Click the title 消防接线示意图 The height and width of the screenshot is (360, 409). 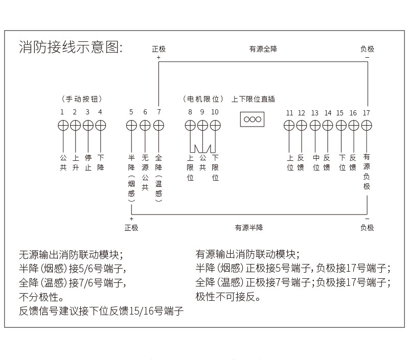tap(71, 48)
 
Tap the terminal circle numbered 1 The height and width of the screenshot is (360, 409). tap(62, 125)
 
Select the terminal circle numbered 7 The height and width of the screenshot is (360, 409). tap(158, 125)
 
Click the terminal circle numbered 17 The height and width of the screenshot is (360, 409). tap(367, 125)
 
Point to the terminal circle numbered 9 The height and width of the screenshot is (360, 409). tap(202, 125)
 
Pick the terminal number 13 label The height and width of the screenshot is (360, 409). tap(314, 113)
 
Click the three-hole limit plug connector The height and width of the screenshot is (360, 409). tap(252, 119)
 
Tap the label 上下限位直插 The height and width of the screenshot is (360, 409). tap(253, 99)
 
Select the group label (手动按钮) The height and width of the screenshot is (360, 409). tap(81, 99)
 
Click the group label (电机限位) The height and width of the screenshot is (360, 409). tap(203, 99)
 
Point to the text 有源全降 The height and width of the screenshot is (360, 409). tap(263, 49)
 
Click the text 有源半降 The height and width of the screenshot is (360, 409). tap(249, 228)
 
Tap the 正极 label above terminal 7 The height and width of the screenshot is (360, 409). tap(158, 49)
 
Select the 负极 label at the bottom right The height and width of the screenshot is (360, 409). tap(367, 228)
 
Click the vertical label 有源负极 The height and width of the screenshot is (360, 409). tap(367, 172)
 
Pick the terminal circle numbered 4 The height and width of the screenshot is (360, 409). tap(101, 125)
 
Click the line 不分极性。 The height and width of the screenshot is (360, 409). tap(41, 297)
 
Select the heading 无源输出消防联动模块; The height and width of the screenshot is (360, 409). tap(71, 254)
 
